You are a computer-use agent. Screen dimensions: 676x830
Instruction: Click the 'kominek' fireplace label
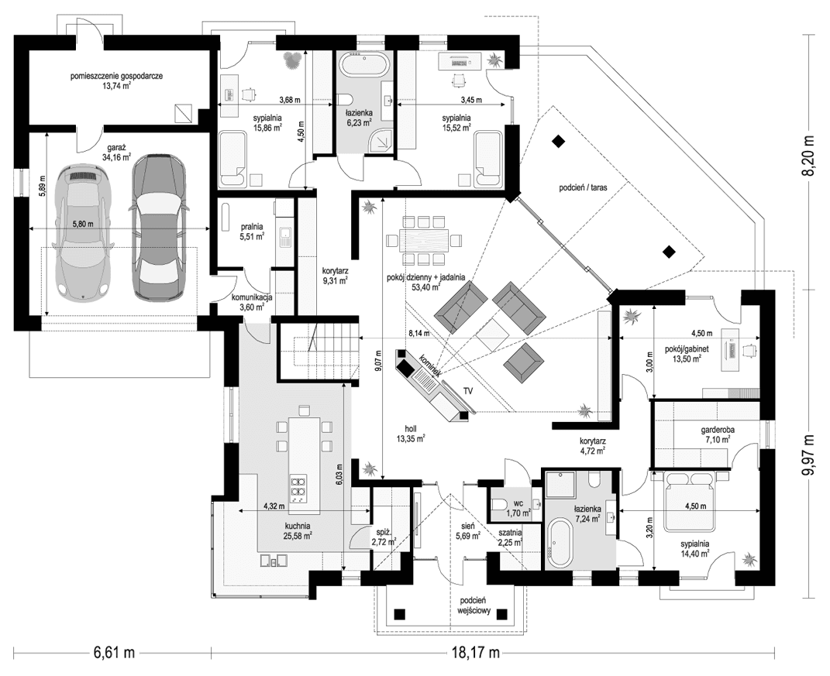[x=430, y=365]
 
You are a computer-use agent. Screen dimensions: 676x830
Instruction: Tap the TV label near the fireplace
[x=468, y=391]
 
